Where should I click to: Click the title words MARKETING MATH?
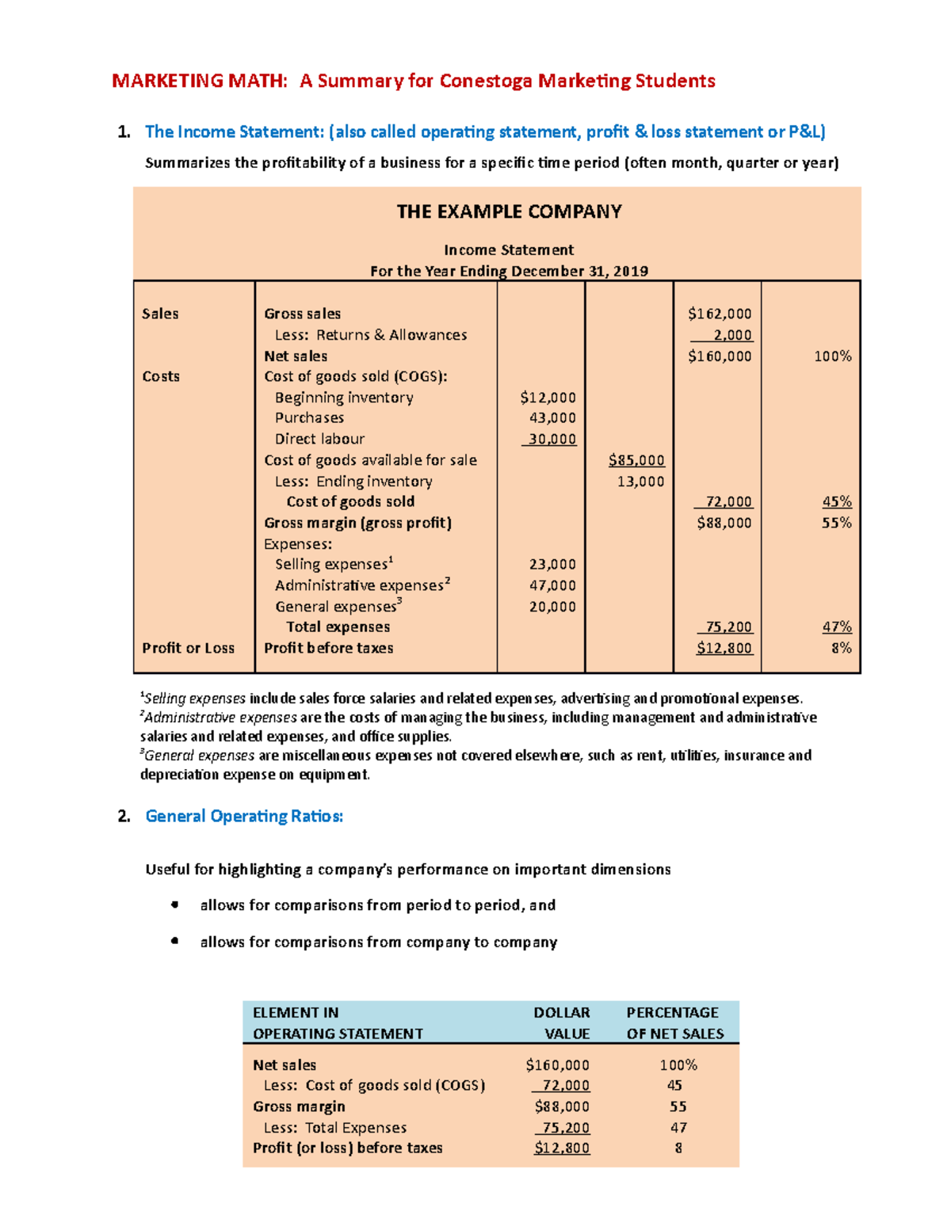click(x=200, y=81)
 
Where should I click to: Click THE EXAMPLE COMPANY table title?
click(x=509, y=211)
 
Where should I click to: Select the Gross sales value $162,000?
click(x=720, y=314)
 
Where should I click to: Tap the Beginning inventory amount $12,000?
click(x=548, y=398)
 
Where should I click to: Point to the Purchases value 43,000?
click(x=552, y=417)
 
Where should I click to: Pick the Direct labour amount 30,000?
click(x=551, y=439)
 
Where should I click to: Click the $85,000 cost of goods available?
click(x=636, y=460)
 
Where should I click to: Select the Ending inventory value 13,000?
click(x=640, y=482)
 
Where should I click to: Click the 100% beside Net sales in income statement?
click(x=832, y=356)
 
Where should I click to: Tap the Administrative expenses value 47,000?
click(x=552, y=585)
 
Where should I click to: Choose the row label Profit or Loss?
click(x=189, y=648)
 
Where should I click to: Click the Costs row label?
click(x=161, y=376)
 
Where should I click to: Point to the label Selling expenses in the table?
click(x=331, y=565)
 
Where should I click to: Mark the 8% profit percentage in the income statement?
click(x=841, y=648)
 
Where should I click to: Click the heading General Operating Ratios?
click(x=244, y=816)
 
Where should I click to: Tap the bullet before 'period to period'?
click(x=174, y=904)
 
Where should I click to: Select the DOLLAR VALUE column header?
click(x=562, y=1022)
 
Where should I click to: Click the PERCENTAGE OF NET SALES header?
click(x=674, y=1022)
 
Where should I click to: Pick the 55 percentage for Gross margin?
click(x=678, y=1106)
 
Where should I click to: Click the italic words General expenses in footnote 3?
click(x=199, y=756)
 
